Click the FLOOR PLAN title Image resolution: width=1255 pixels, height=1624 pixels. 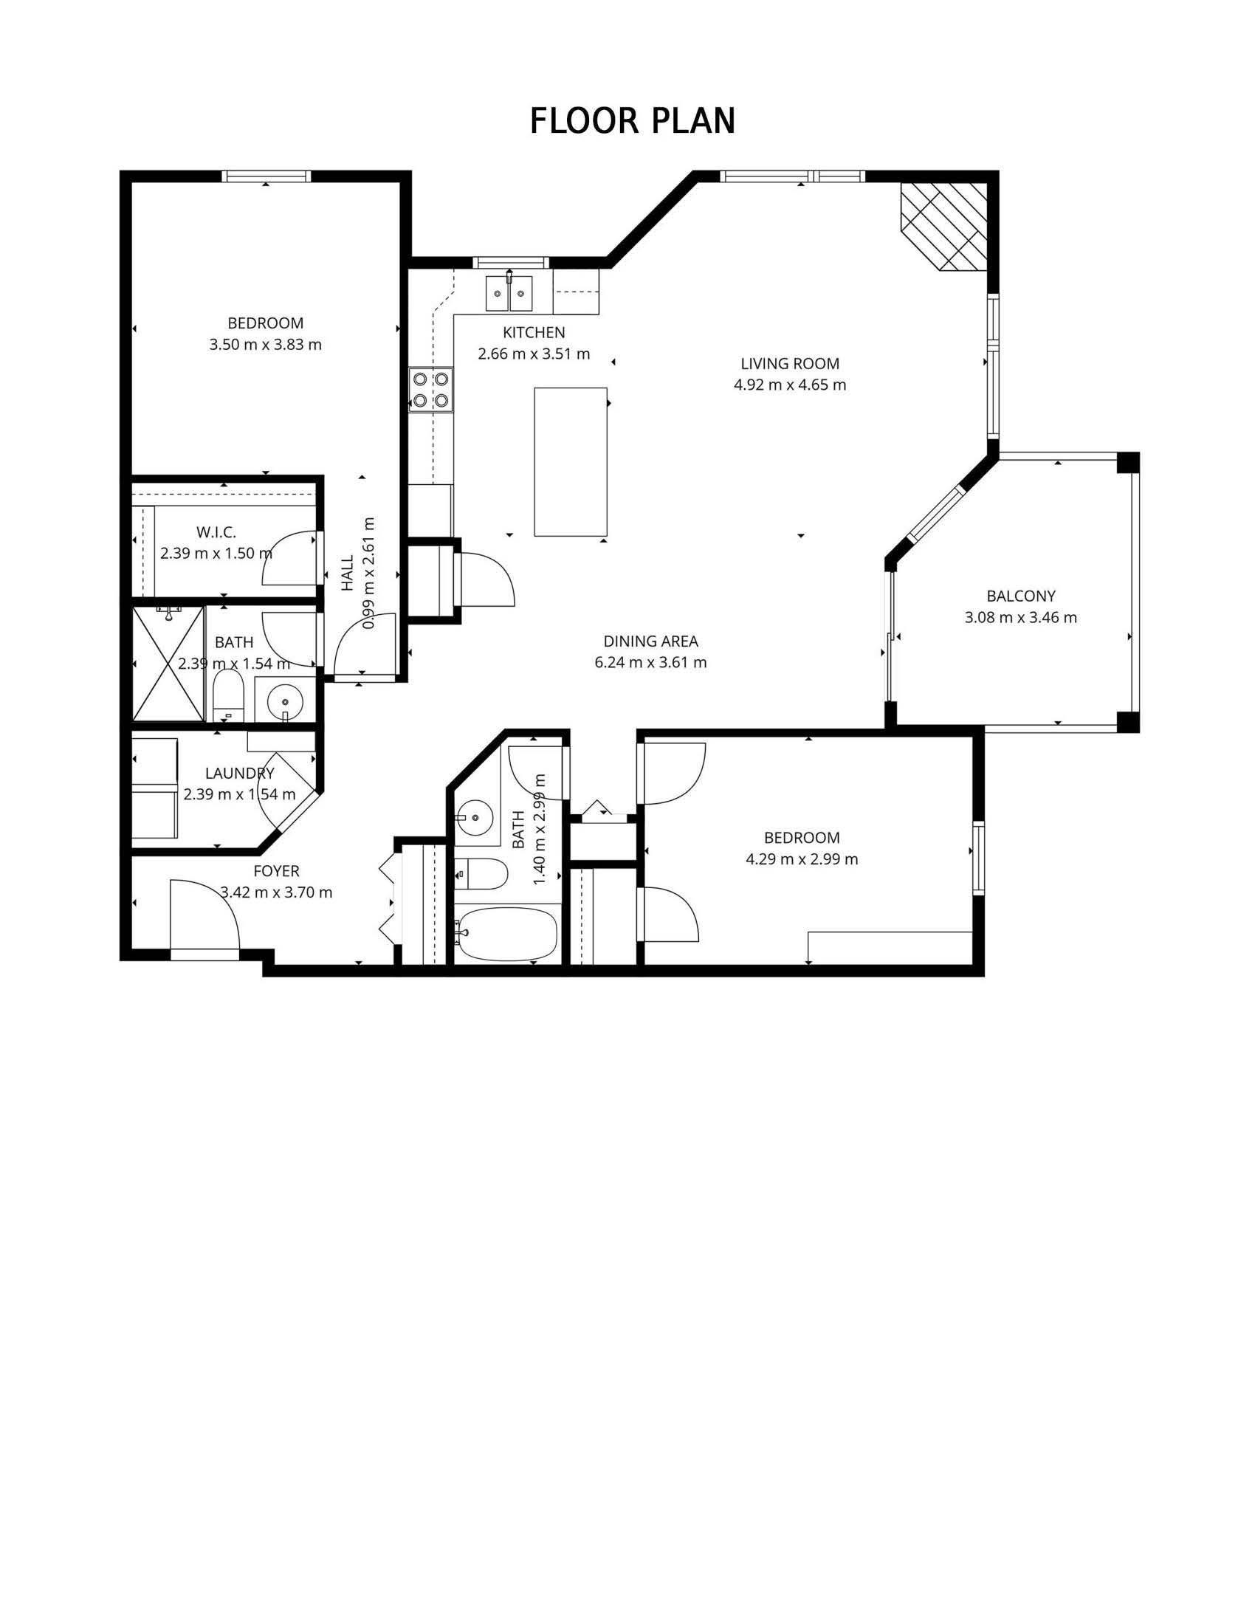tap(632, 121)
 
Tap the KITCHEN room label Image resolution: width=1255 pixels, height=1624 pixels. tap(533, 332)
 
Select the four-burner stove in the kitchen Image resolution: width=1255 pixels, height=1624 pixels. tap(431, 390)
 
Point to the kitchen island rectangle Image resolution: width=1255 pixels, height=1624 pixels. tap(570, 461)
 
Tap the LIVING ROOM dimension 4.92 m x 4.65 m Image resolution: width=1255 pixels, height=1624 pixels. tap(789, 385)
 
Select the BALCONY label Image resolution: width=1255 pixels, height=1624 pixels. tap(1020, 596)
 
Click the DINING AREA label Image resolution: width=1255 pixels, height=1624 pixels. tap(650, 641)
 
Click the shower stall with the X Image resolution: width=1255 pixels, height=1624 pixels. tap(168, 664)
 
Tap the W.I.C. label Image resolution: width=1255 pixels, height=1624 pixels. tap(216, 532)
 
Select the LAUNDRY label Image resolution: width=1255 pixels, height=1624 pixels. tap(239, 774)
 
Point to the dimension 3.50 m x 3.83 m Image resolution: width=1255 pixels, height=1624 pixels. tap(266, 345)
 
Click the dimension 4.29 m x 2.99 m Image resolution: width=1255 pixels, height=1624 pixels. tap(802, 859)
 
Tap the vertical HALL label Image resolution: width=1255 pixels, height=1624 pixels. tap(348, 574)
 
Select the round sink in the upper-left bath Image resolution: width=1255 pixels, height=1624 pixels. tap(284, 701)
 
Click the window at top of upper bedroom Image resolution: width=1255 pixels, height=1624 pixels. tap(267, 176)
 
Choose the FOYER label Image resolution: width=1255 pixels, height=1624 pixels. tap(276, 871)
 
